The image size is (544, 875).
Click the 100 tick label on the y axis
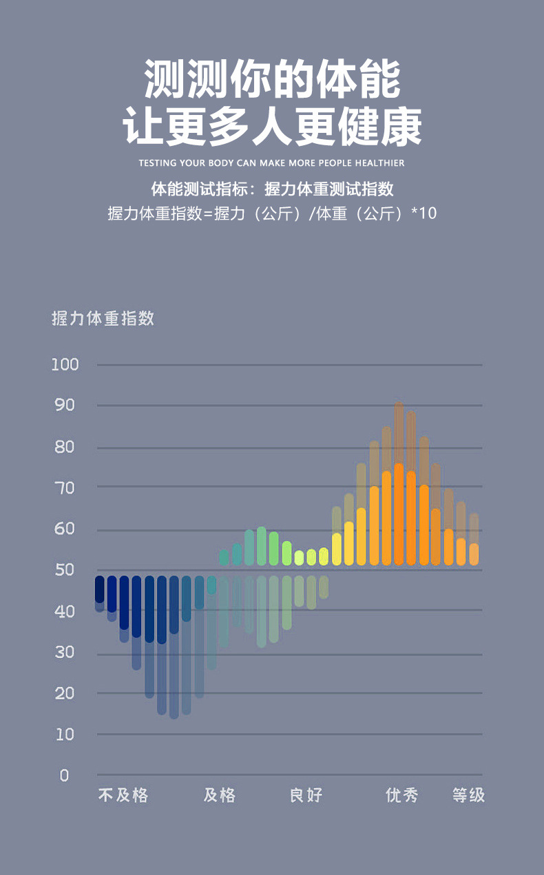click(65, 364)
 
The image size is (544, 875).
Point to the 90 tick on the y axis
click(65, 405)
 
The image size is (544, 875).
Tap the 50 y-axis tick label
click(65, 570)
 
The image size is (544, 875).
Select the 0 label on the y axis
click(65, 775)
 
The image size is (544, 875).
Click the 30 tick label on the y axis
click(65, 652)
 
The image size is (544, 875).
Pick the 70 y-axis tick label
click(65, 487)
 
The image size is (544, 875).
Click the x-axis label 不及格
click(123, 796)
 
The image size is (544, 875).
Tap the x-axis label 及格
click(220, 796)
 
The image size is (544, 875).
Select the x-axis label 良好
click(306, 796)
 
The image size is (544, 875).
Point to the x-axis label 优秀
click(402, 796)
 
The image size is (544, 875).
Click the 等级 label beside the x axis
click(469, 796)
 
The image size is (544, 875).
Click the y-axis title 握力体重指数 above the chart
click(103, 319)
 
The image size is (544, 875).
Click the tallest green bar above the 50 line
click(262, 546)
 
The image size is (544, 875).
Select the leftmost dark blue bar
click(100, 590)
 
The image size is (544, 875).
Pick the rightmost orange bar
click(474, 554)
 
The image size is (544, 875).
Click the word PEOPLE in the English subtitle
click(334, 163)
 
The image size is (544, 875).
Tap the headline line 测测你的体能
click(272, 80)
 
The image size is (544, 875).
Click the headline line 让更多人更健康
click(272, 128)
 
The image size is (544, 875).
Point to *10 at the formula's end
click(424, 213)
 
